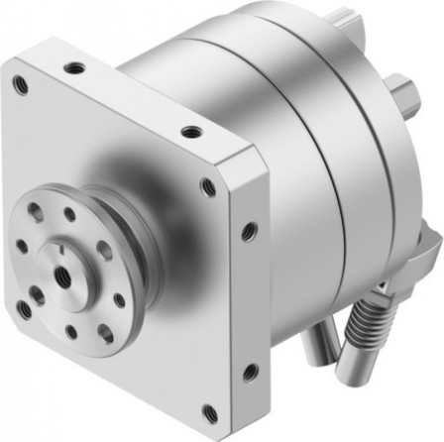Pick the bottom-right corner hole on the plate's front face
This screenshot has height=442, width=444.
(208, 409)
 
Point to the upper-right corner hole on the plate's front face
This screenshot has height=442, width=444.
(207, 185)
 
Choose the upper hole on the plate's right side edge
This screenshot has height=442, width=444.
(249, 232)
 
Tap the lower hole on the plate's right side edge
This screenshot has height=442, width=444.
(250, 373)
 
